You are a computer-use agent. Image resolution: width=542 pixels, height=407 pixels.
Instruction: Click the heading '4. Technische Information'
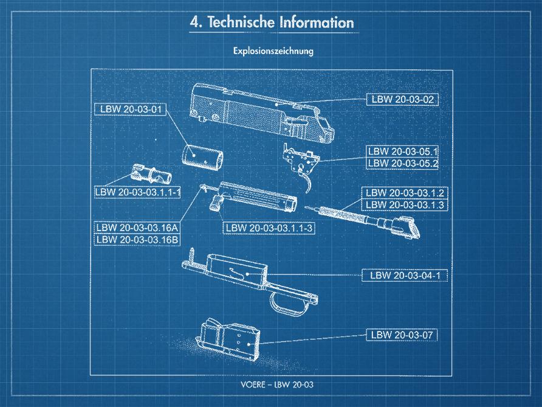point(272,23)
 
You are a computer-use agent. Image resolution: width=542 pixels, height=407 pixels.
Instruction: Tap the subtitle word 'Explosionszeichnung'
point(273,51)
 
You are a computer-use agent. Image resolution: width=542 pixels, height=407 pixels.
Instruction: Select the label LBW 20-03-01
point(131,110)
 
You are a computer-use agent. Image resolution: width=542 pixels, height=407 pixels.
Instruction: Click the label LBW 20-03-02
point(402,100)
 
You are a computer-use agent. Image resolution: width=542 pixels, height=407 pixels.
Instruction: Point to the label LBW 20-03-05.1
point(402,151)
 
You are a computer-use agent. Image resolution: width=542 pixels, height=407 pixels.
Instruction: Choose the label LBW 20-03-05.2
point(402,164)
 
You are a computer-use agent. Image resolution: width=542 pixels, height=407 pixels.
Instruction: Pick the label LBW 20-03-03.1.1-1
point(137,192)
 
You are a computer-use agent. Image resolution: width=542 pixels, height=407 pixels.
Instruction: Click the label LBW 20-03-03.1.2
point(405,193)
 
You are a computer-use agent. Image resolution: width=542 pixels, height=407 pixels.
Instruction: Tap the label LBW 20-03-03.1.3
point(405,205)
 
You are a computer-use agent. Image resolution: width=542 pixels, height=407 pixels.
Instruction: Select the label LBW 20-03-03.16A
point(137,228)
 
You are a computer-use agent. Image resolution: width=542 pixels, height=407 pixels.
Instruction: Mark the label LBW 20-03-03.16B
point(137,240)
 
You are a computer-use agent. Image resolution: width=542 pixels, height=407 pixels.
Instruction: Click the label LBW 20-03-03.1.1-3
point(269,228)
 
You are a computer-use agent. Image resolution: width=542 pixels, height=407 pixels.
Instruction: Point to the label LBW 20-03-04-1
point(405,276)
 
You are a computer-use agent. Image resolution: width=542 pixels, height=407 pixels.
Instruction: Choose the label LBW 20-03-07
point(402,335)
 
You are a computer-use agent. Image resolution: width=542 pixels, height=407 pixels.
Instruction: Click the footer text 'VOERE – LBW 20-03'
point(277,384)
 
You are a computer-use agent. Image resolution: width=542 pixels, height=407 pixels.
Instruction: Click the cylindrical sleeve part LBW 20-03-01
point(202,158)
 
